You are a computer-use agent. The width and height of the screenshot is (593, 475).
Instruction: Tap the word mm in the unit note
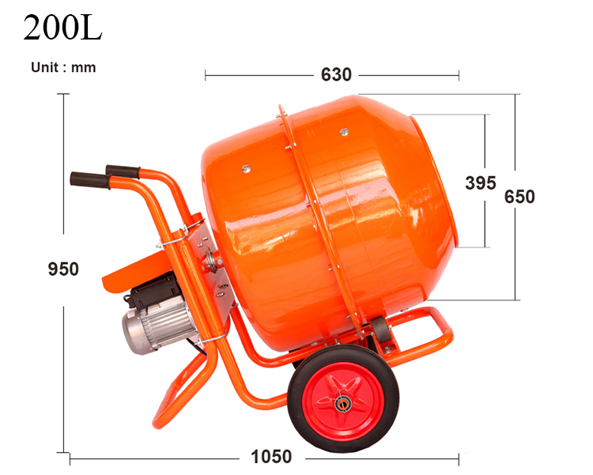[x=84, y=67]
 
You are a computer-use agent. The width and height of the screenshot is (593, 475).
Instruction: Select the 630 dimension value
[x=336, y=75]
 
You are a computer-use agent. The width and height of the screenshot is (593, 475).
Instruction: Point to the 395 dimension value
[x=480, y=183]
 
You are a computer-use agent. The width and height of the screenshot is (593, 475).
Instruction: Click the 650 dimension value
[x=519, y=197]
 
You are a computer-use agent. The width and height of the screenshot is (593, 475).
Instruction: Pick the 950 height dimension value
[x=63, y=269]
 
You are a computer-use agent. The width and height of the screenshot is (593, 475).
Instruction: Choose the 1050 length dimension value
[x=271, y=457]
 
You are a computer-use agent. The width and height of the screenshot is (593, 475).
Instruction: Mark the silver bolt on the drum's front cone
[x=343, y=132]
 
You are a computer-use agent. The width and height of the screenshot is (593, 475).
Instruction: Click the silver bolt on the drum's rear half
[x=247, y=168]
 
